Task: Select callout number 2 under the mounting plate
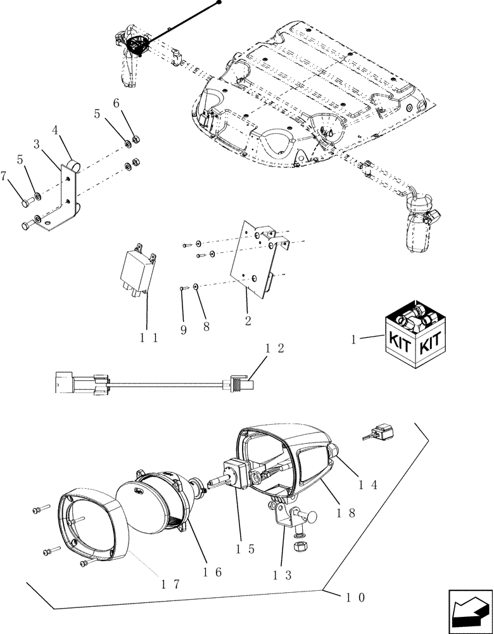pyautogui.click(x=248, y=320)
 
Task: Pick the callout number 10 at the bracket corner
pyautogui.click(x=355, y=597)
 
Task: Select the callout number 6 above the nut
pyautogui.click(x=116, y=103)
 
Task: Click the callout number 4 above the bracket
pyautogui.click(x=56, y=131)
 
